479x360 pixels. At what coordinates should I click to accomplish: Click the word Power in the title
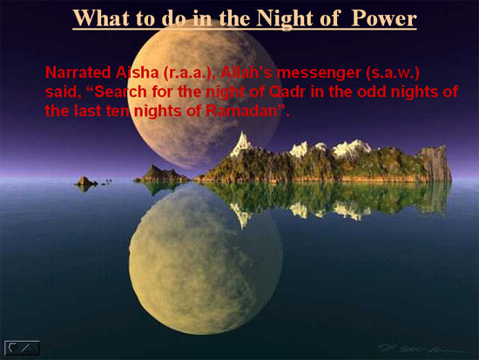pos(384,18)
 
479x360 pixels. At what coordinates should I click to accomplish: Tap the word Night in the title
pos(285,19)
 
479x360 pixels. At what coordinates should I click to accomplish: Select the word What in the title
pos(101,18)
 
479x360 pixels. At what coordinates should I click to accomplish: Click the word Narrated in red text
pos(78,72)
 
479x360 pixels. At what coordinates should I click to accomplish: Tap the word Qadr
pos(287,92)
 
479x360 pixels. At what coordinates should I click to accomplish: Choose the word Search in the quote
pos(121,92)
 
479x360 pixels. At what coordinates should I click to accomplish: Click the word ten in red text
pos(118,112)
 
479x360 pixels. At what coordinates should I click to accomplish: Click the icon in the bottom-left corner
pos(22,348)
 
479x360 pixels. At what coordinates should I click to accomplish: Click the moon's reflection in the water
pos(206,260)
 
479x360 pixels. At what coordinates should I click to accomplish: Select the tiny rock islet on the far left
pos(86,181)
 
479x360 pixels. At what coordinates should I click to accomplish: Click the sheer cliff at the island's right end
pos(435,164)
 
